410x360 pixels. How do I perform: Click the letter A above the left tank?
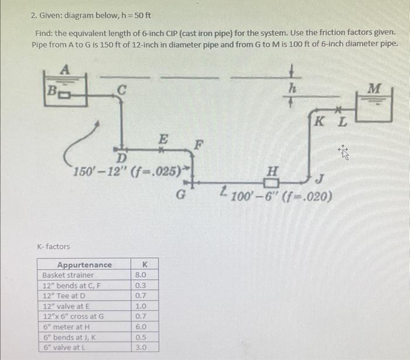coord(66,68)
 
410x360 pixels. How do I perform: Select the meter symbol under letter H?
coord(271,179)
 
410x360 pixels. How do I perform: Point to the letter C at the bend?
coord(121,90)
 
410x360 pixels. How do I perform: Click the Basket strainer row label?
coord(68,275)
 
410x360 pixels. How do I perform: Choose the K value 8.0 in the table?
coord(141,275)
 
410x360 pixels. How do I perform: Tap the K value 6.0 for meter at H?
coord(141,327)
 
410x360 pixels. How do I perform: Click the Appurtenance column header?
coord(84,265)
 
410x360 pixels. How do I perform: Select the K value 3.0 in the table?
coord(141,348)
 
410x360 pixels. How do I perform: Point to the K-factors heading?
coord(53,246)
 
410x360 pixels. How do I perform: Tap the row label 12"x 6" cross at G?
coord(73,317)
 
